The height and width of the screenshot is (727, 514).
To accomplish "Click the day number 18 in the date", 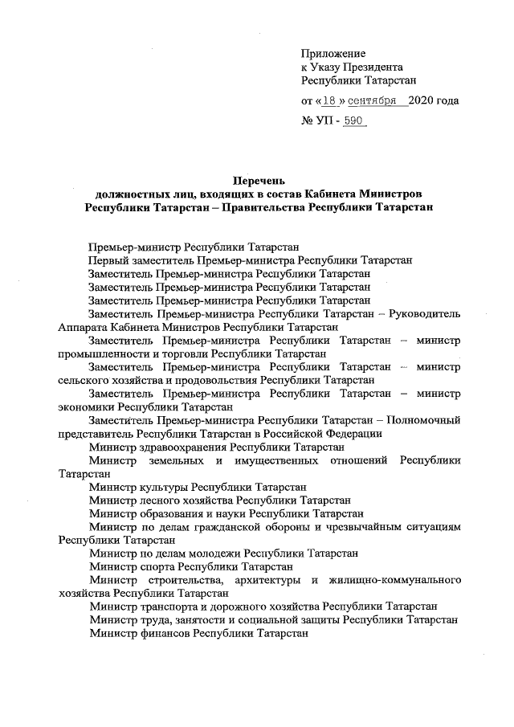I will click(329, 101).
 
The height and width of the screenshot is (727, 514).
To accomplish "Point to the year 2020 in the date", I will click(422, 101).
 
